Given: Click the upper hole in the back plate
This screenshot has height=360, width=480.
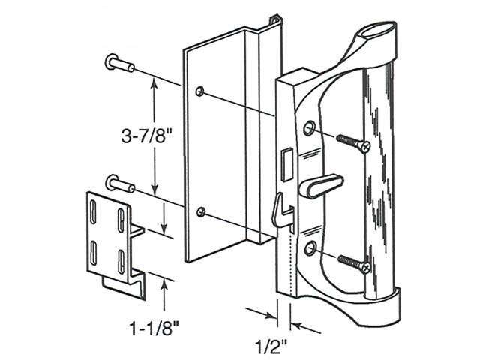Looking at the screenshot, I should (x=199, y=91).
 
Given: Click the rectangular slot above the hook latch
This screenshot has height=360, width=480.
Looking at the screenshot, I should (x=284, y=162).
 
